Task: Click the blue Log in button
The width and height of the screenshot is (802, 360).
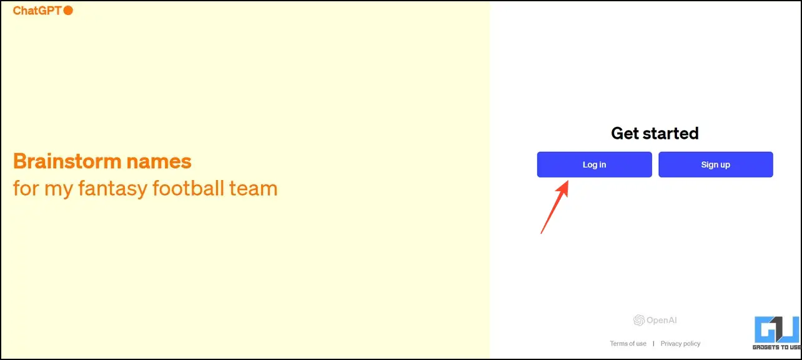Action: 595,164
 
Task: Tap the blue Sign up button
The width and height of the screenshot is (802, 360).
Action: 716,164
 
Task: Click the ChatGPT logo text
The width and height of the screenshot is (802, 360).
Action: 37,11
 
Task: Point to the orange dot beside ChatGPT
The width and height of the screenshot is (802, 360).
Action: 68,11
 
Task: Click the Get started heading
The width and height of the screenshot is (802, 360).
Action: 655,133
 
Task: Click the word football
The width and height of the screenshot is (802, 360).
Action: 189,188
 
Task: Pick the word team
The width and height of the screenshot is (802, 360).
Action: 254,189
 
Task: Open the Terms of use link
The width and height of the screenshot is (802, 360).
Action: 628,344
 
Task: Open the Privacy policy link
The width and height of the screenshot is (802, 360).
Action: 680,344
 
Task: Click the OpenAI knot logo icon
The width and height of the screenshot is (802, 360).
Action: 639,320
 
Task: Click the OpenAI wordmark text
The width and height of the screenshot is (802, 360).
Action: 661,320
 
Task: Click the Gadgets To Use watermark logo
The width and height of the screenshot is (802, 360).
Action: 777,332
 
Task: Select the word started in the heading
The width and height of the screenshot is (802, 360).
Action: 671,133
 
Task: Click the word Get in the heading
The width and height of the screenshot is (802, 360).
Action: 625,133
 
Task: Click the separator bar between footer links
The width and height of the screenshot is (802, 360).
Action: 653,344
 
